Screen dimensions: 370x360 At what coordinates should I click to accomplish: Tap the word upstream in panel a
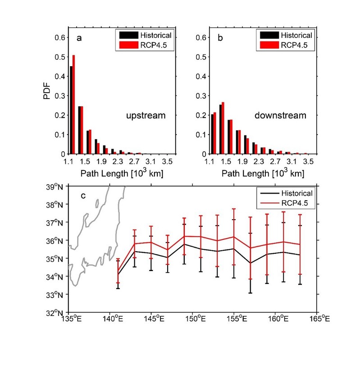146,116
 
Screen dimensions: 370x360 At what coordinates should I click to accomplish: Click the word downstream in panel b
287,116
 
